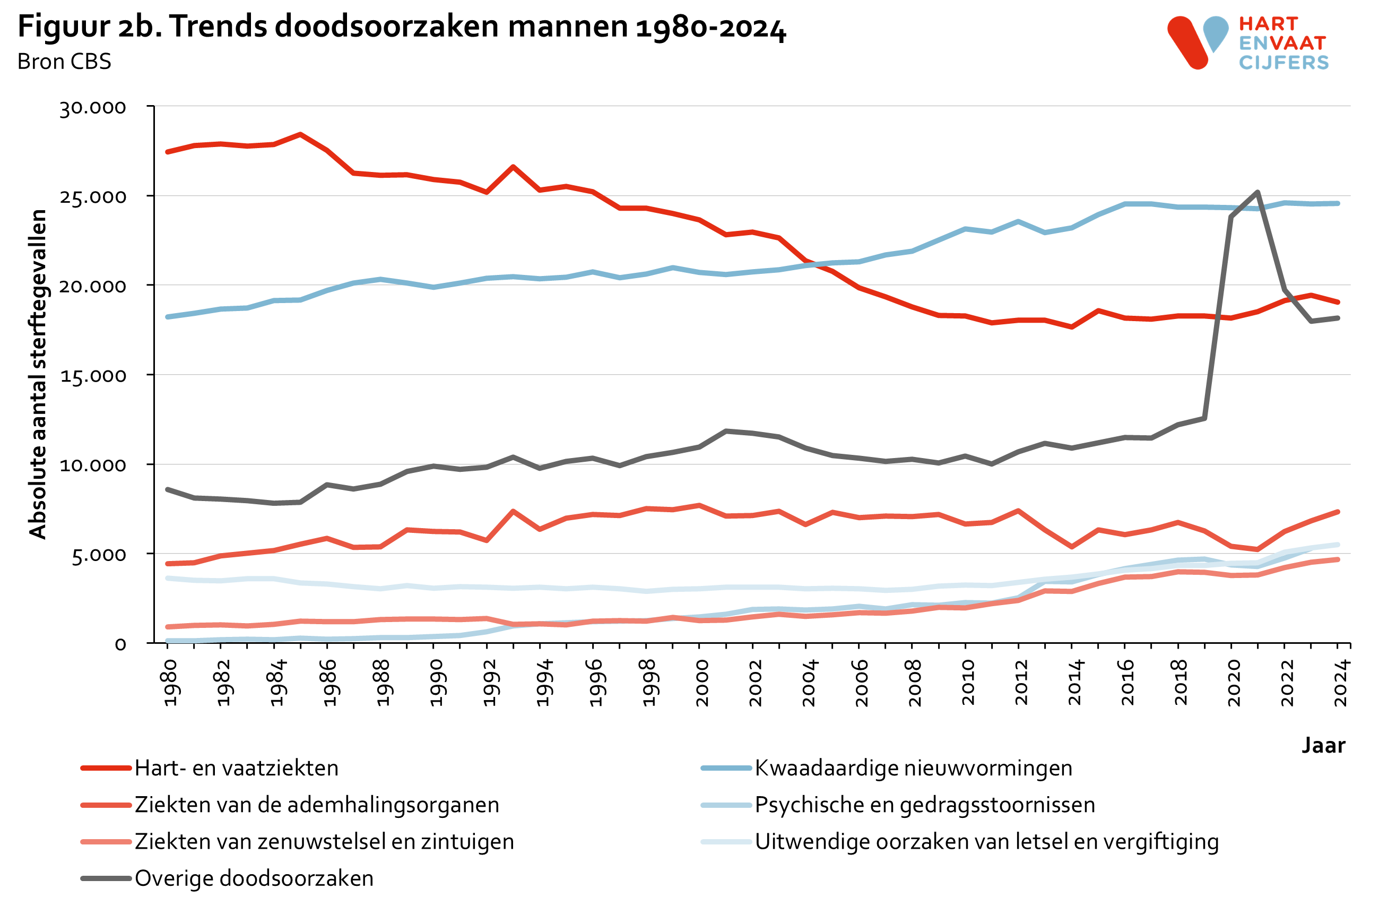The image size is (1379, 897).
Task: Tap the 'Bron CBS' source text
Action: pyautogui.click(x=64, y=62)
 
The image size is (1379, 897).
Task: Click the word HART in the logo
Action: pyautogui.click(x=1268, y=24)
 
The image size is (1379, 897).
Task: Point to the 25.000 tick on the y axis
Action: pyautogui.click(x=93, y=197)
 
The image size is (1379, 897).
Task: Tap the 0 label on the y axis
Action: pyautogui.click(x=120, y=644)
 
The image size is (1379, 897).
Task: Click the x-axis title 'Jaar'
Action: pyautogui.click(x=1323, y=745)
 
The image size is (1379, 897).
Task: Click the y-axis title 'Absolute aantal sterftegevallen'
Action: pyautogui.click(x=38, y=374)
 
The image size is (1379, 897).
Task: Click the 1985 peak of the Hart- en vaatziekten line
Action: pyautogui.click(x=300, y=134)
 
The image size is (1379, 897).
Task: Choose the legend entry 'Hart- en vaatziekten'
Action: pyautogui.click(x=237, y=768)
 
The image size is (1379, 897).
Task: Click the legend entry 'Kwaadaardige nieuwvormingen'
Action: pyautogui.click(x=913, y=768)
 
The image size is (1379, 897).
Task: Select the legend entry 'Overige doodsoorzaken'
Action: pyautogui.click(x=254, y=878)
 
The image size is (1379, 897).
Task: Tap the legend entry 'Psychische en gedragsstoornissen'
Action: pyautogui.click(x=925, y=805)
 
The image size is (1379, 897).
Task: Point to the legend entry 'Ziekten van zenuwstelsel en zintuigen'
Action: pyautogui.click(x=325, y=841)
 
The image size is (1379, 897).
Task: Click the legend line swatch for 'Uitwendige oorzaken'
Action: pyautogui.click(x=726, y=841)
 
